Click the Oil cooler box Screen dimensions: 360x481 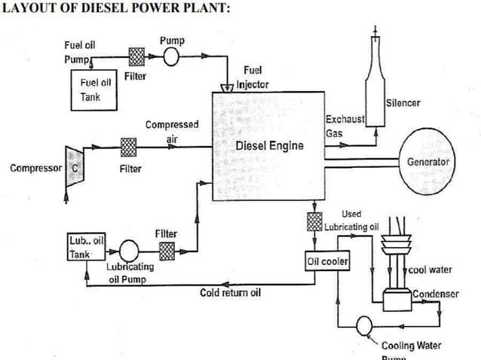point(325,261)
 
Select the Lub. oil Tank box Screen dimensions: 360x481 point(85,247)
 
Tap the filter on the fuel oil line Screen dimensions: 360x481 point(136,57)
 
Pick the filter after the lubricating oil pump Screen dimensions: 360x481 point(167,249)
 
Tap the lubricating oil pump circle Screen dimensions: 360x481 point(128,249)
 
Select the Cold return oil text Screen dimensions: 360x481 point(230,293)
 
